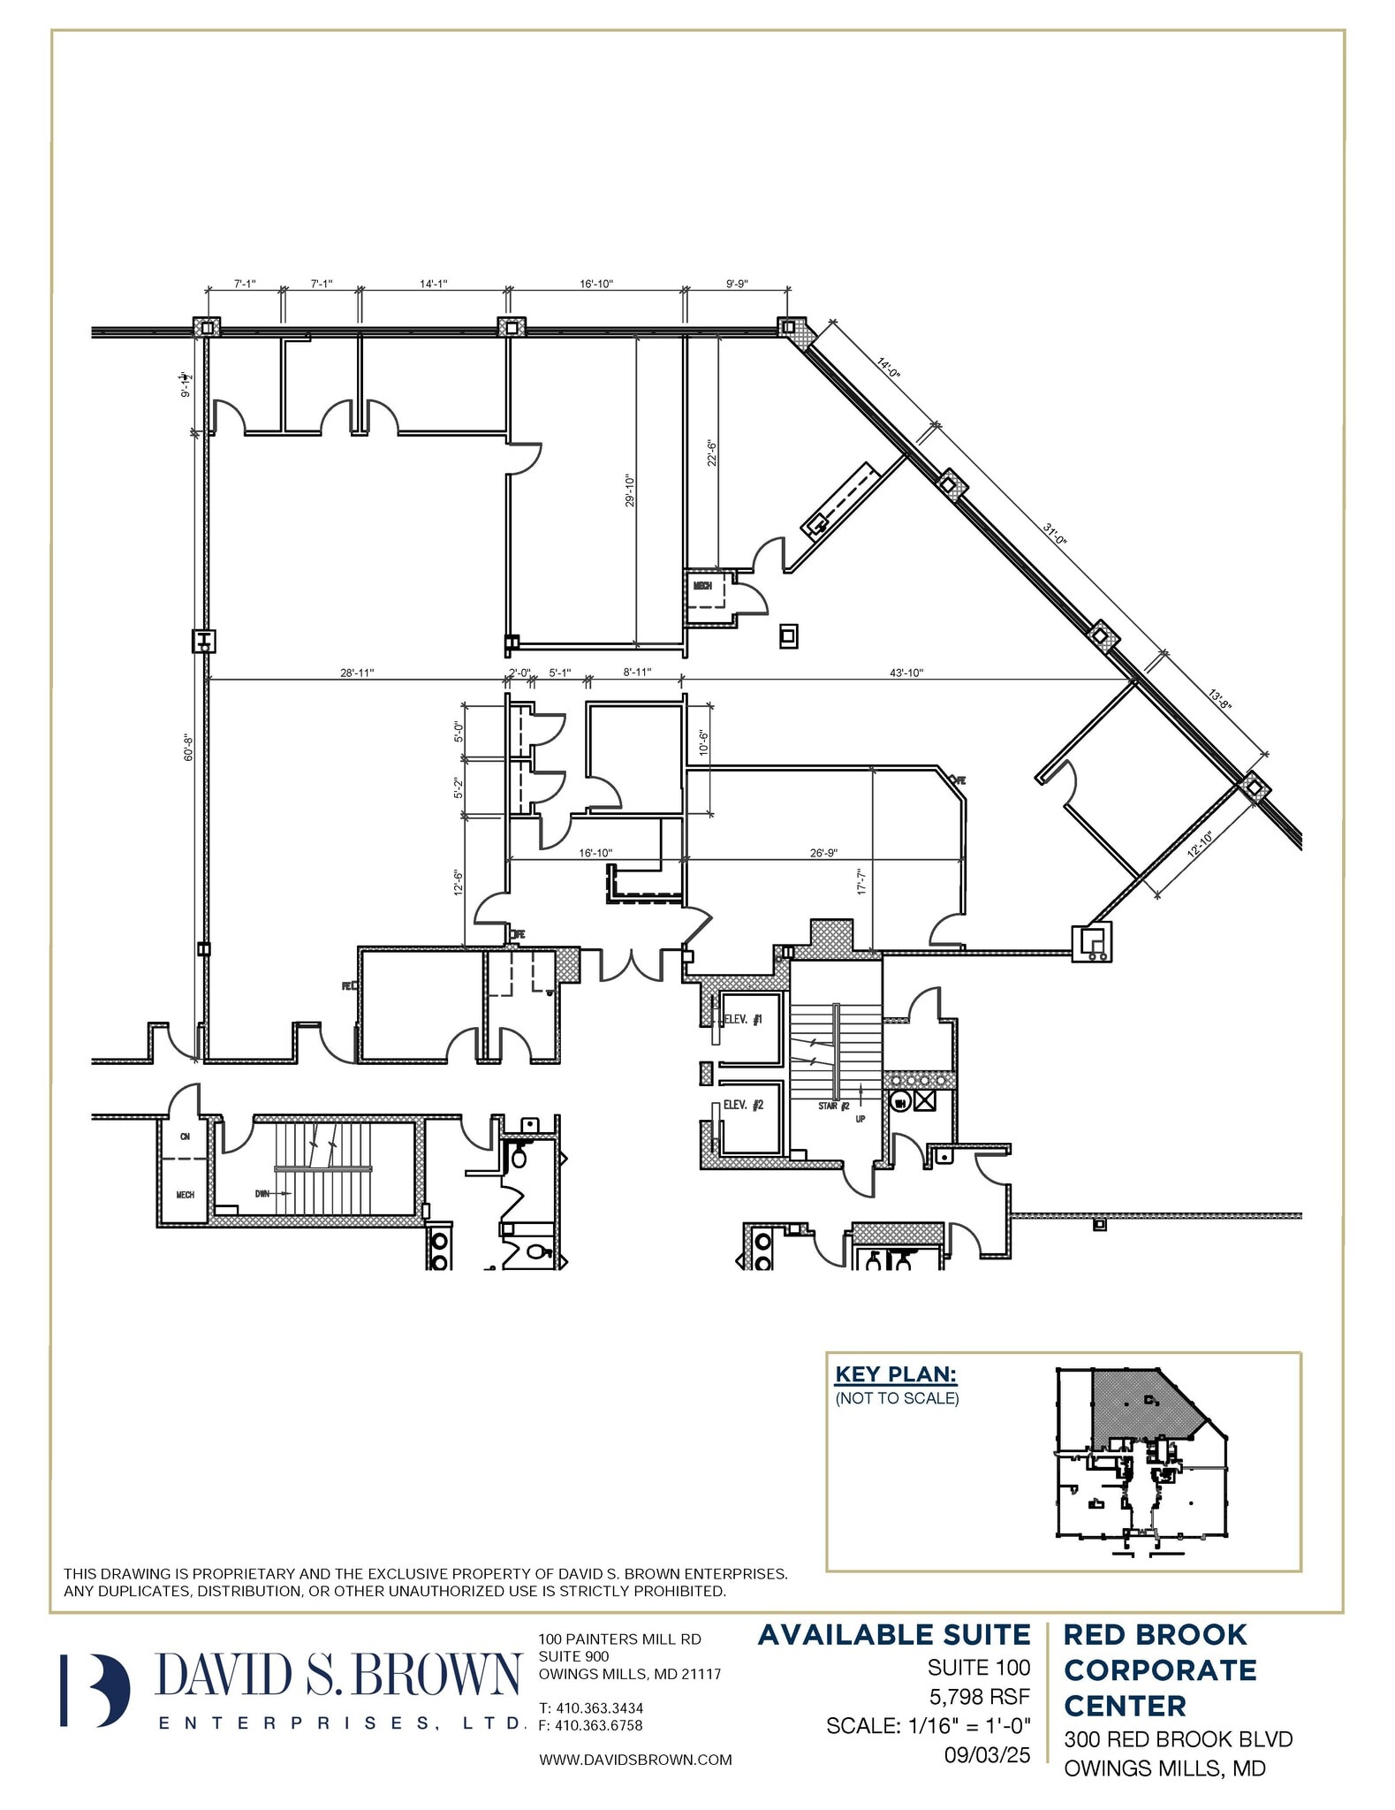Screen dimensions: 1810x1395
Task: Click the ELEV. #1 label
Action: click(x=742, y=1019)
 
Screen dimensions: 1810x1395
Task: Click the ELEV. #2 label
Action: click(x=742, y=1105)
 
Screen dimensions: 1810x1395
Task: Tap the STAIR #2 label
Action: click(x=833, y=1106)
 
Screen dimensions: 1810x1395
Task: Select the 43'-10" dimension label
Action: click(x=906, y=673)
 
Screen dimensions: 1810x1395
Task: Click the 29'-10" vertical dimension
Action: click(x=629, y=491)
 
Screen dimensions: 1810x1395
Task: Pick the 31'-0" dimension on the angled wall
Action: click(x=1055, y=536)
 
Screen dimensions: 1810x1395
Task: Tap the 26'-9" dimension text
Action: click(x=823, y=853)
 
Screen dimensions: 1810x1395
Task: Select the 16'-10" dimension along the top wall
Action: click(x=596, y=284)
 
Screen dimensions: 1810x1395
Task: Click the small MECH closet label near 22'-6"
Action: click(x=702, y=586)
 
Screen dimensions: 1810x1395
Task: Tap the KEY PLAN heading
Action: click(x=895, y=1374)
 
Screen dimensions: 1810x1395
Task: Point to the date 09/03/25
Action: click(x=987, y=1754)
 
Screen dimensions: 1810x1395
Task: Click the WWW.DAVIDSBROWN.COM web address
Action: click(x=635, y=1760)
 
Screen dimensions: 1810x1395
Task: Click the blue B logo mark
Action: click(x=95, y=1690)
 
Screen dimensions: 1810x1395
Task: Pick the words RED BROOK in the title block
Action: click(x=1155, y=1635)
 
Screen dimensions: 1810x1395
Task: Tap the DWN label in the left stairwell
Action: click(x=262, y=1193)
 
